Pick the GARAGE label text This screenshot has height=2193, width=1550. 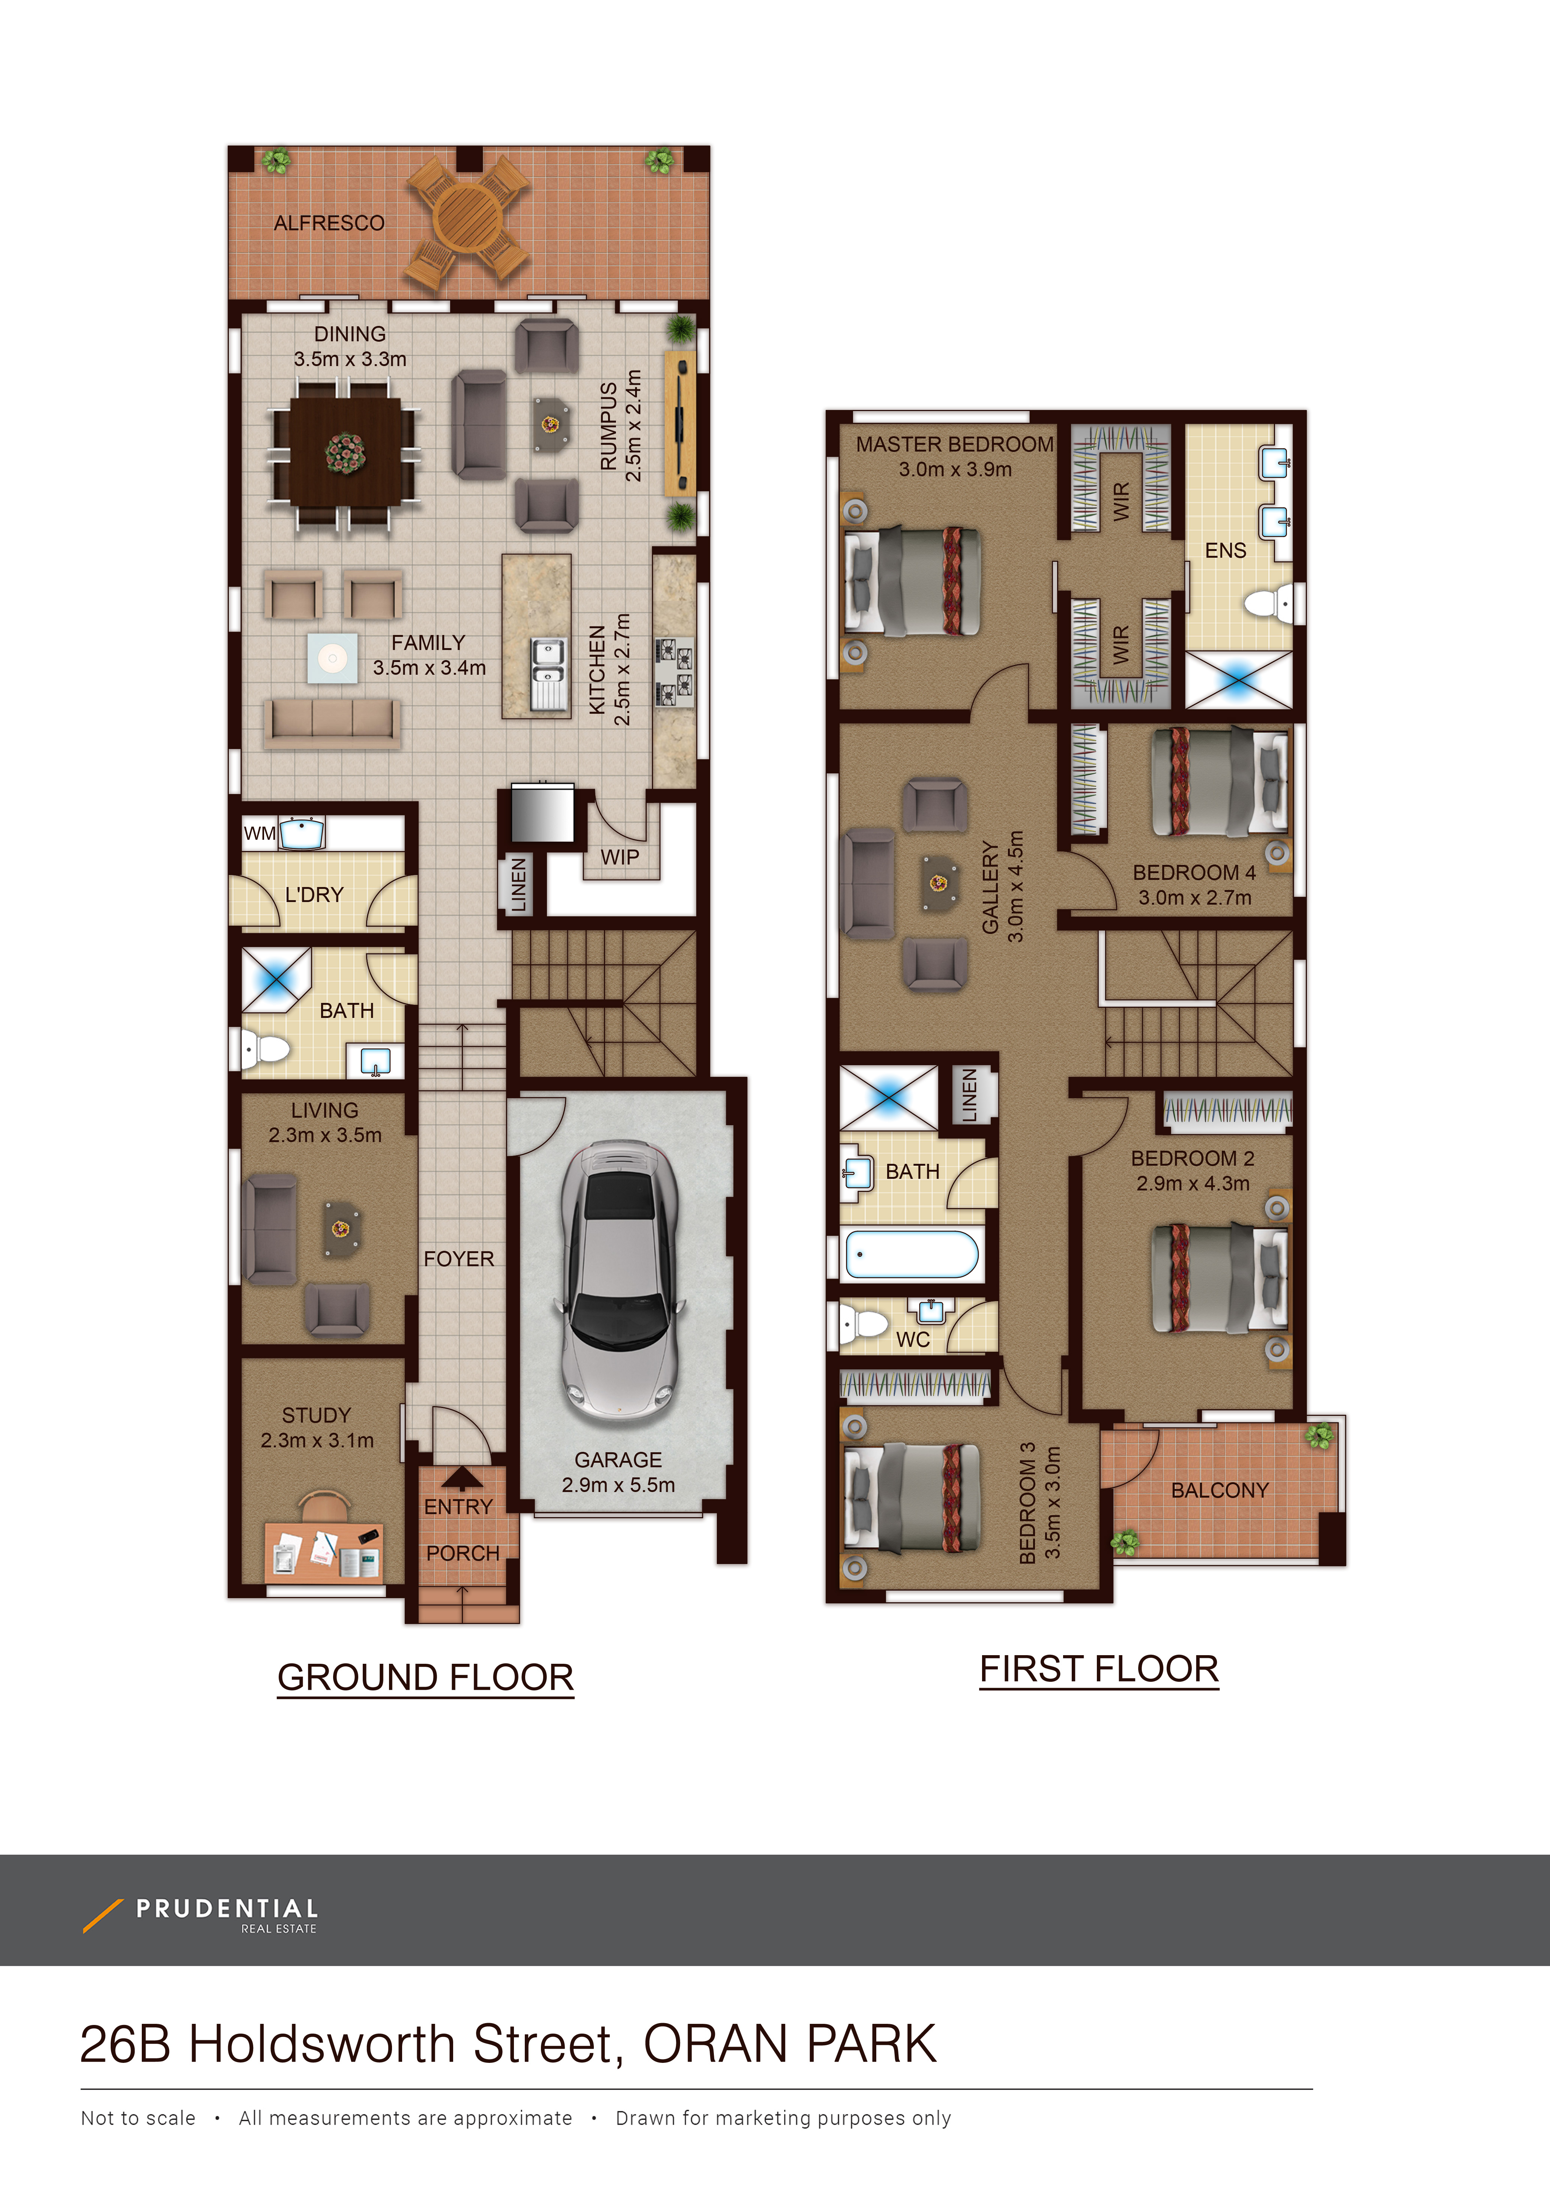tap(618, 1459)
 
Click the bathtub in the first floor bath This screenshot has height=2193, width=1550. tap(912, 1254)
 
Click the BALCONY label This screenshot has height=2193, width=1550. tap(1220, 1490)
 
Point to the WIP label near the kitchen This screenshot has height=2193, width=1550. tap(620, 857)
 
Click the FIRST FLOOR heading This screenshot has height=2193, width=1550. tap(1099, 1669)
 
